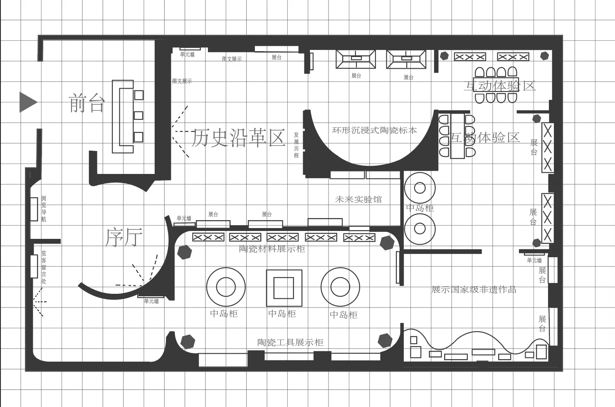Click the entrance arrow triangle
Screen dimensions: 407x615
pos(28,102)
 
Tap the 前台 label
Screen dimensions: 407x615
pos(86,103)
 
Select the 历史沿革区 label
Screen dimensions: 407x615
pos(238,138)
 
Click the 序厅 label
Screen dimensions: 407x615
pos(124,237)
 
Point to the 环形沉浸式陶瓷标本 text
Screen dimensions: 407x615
pos(374,130)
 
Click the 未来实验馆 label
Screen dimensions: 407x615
pos(358,199)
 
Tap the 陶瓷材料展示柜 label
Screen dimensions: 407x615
pos(272,249)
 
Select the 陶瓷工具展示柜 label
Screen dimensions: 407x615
pos(290,342)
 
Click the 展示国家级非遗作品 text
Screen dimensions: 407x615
pos(474,290)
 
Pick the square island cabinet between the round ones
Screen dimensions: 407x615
pos(284,288)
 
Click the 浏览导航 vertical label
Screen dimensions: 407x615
pos(44,209)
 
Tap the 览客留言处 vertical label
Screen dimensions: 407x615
pos(44,267)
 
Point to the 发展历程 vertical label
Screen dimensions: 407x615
pos(296,145)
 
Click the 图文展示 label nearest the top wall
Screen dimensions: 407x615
pos(232,59)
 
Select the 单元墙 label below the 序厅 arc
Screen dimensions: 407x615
pos(151,301)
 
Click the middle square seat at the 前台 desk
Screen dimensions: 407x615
pos(138,115)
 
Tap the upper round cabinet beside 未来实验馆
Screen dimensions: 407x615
pos(420,188)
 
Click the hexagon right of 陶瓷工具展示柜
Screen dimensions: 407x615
pos(385,340)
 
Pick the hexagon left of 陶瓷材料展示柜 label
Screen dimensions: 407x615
pos(184,252)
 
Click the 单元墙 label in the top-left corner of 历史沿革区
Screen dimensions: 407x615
pos(187,55)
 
